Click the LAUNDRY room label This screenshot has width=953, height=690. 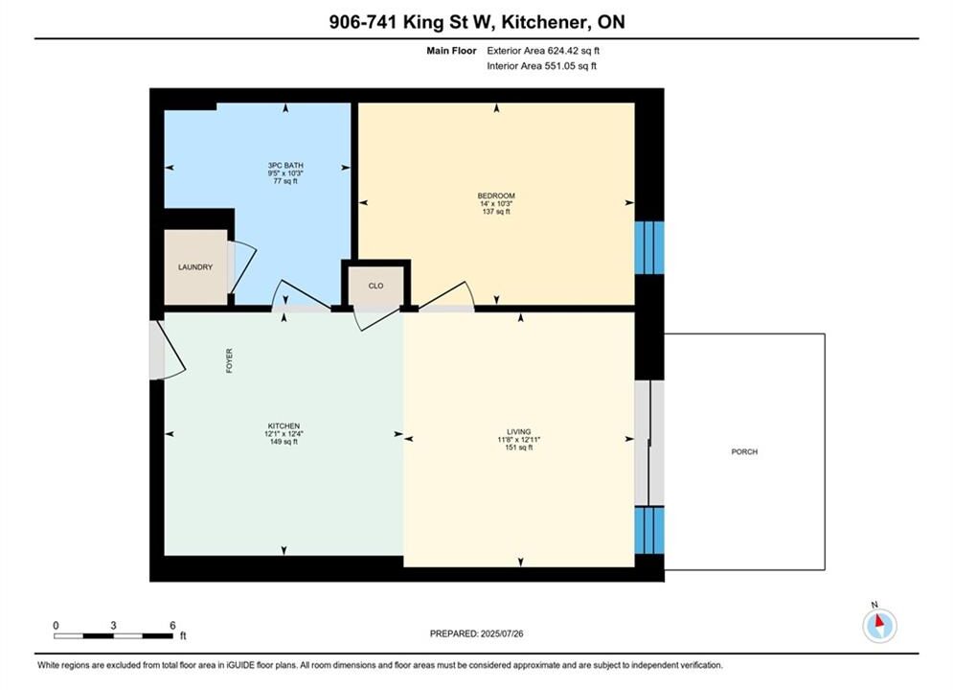pyautogui.click(x=195, y=266)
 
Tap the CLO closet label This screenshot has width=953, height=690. pyautogui.click(x=375, y=286)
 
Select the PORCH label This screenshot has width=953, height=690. pyautogui.click(x=744, y=451)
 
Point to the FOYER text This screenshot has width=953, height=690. pyautogui.click(x=229, y=360)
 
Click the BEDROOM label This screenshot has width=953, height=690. pyautogui.click(x=496, y=195)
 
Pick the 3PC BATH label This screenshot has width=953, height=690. pyautogui.click(x=285, y=166)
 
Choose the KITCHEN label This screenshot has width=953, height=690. pyautogui.click(x=284, y=426)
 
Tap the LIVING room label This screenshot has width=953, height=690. pyautogui.click(x=519, y=431)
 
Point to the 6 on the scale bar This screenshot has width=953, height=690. pyautogui.click(x=172, y=625)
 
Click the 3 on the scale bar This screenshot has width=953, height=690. pyautogui.click(x=114, y=625)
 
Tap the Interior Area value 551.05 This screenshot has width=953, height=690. pyautogui.click(x=559, y=66)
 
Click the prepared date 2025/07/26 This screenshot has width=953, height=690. pyautogui.click(x=502, y=633)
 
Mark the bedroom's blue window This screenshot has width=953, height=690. pyautogui.click(x=649, y=247)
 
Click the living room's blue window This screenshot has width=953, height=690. pyautogui.click(x=649, y=530)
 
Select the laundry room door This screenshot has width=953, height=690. pyautogui.click(x=240, y=267)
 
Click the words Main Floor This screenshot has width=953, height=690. pyautogui.click(x=451, y=51)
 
